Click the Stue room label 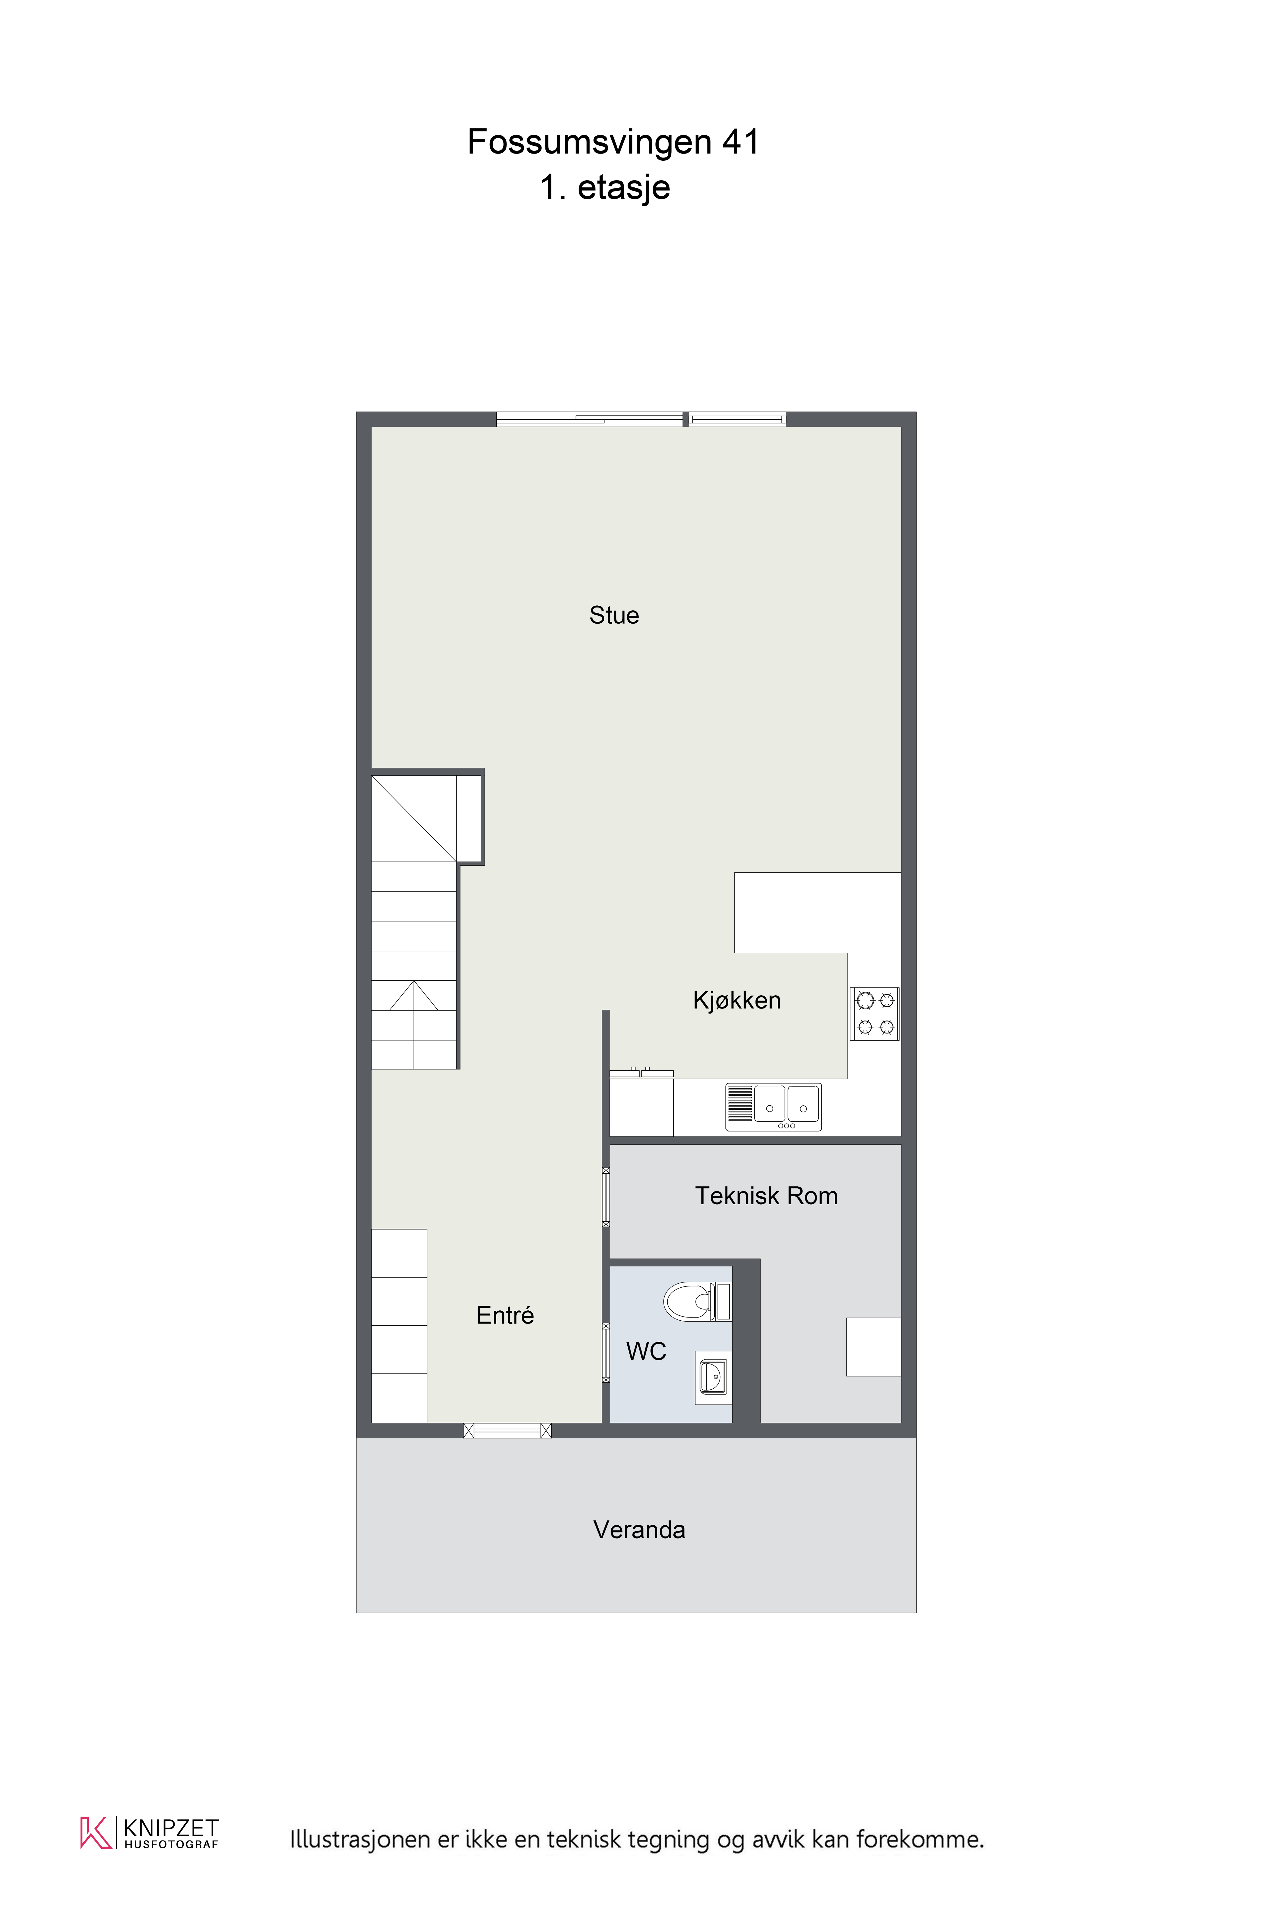click(614, 615)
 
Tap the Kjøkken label click(737, 1000)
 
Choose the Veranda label click(640, 1530)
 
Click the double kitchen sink click(773, 1107)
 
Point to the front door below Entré click(507, 1431)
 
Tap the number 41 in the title click(741, 142)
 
